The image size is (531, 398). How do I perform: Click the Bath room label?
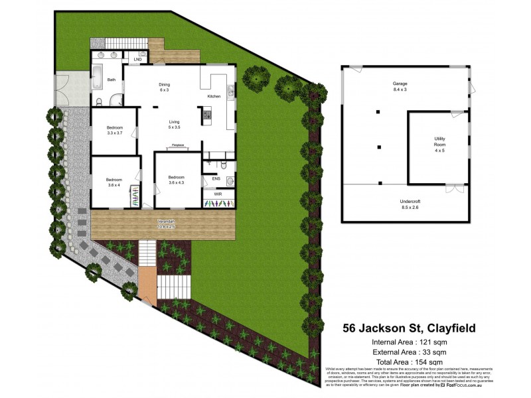pos(112,80)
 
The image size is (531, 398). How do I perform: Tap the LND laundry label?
pos(137,60)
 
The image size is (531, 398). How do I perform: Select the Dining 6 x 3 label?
pos(164,88)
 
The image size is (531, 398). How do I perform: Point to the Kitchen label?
pos(214,97)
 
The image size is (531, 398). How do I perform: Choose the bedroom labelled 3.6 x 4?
pos(114,182)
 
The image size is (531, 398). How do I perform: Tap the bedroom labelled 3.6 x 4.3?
pos(176,180)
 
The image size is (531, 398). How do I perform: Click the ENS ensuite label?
pos(216,178)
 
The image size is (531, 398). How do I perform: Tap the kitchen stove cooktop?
pos(206,115)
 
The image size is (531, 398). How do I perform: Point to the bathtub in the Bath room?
pos(98,79)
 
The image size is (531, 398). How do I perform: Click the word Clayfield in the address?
pos(443,328)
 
